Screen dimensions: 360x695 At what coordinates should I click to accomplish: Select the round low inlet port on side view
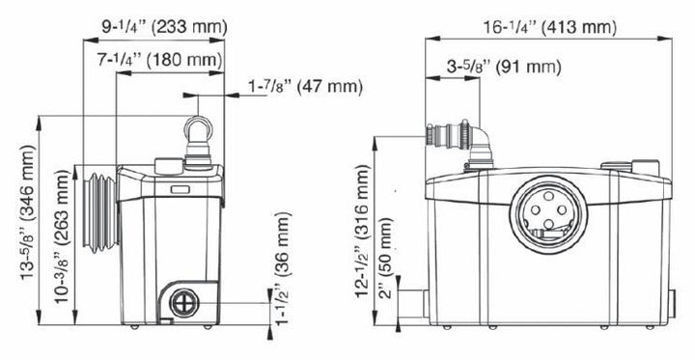(x=181, y=303)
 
